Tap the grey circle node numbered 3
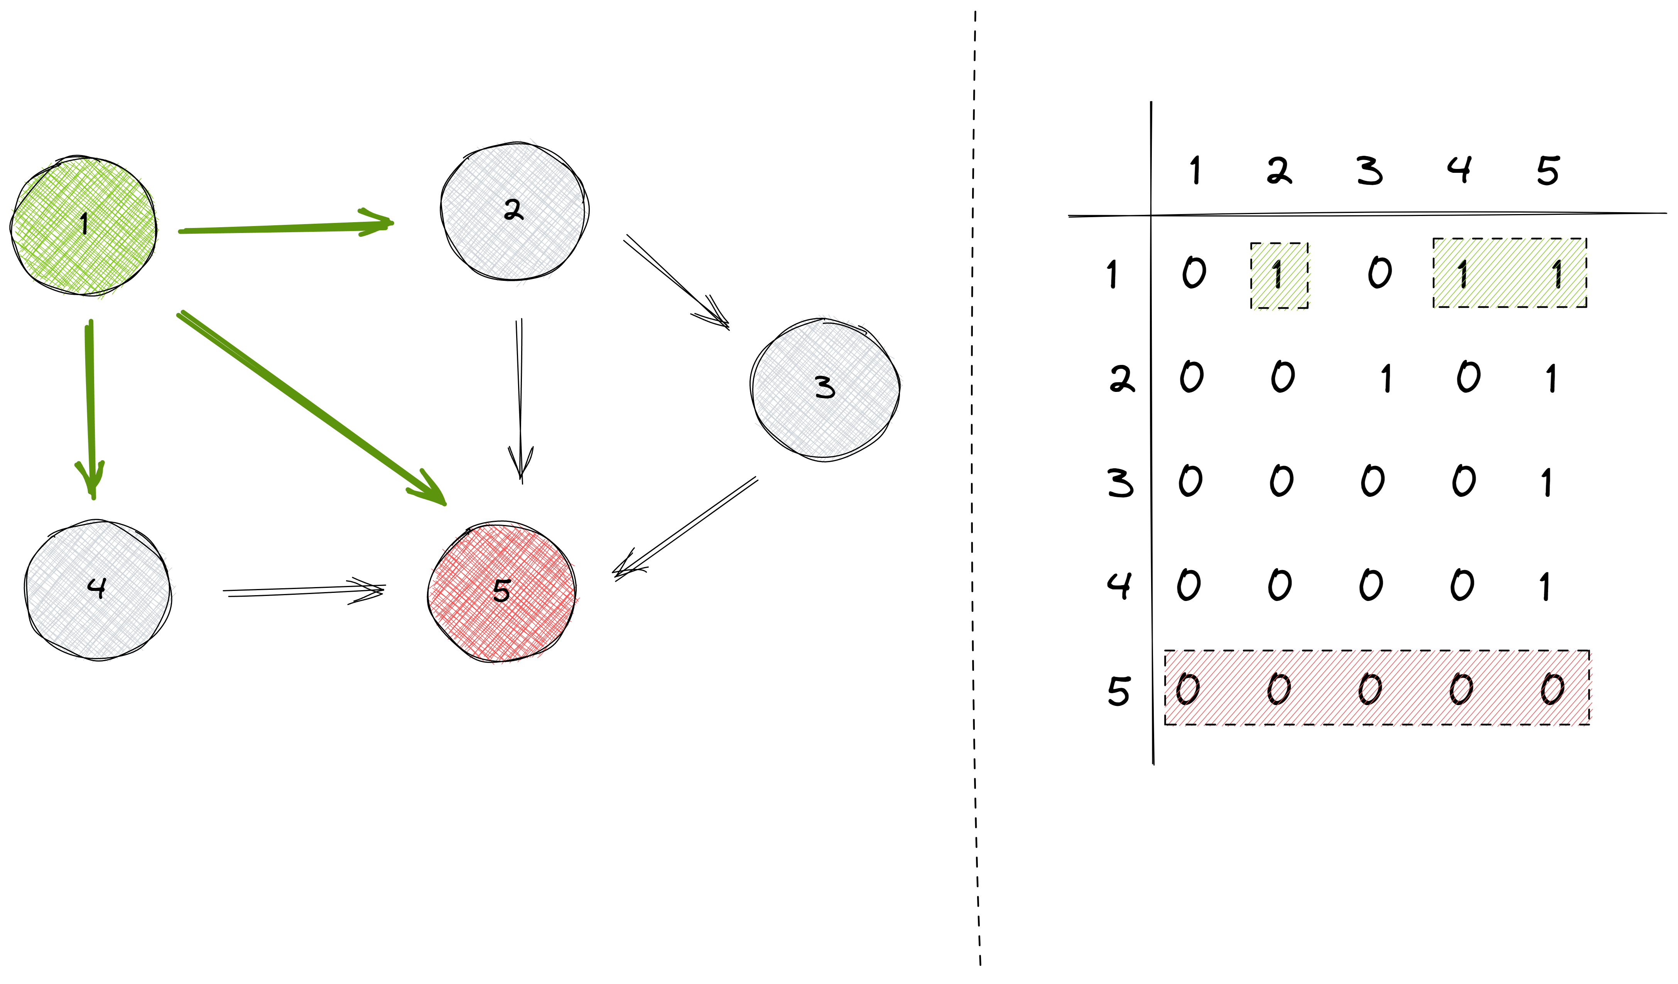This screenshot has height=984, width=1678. (826, 388)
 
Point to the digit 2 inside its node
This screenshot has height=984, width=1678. (513, 210)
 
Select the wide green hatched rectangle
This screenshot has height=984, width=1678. (1509, 273)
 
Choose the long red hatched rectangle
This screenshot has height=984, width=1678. (1378, 688)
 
